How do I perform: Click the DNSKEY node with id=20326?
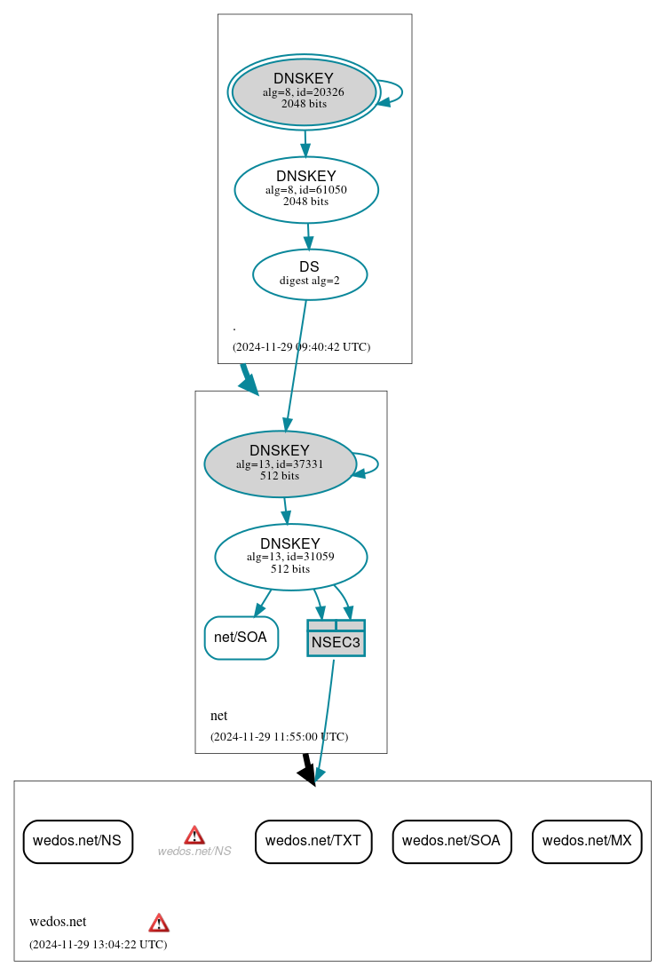tap(304, 91)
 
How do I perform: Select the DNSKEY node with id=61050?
tap(306, 189)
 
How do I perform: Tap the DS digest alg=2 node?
tap(310, 274)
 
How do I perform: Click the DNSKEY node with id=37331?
tap(280, 464)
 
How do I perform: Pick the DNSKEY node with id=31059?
tap(290, 557)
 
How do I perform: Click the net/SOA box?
tap(241, 638)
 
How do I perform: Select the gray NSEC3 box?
tap(336, 638)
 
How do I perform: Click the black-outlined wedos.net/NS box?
tap(77, 841)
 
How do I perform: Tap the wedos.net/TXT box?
tap(313, 841)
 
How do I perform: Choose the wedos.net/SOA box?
tap(451, 841)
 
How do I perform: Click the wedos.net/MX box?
tap(586, 841)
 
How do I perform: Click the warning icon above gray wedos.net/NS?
tap(194, 835)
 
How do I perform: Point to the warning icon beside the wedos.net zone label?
tap(159, 923)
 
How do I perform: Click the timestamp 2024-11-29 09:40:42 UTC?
tap(301, 347)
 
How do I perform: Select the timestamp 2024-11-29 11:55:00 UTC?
tap(279, 737)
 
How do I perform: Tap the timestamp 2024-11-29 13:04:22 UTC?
tap(98, 945)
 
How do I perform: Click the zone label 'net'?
tap(218, 716)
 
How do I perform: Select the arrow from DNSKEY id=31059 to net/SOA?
tap(263, 602)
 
